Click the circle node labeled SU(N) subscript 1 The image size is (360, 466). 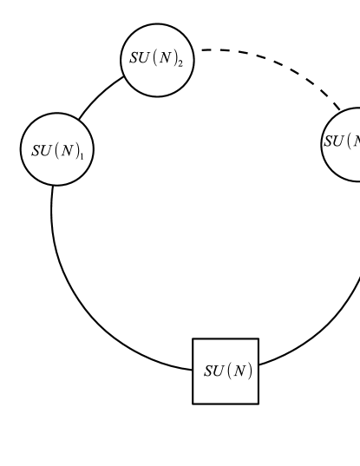(57, 149)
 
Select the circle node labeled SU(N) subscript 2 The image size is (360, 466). (156, 60)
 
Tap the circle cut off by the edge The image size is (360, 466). (344, 143)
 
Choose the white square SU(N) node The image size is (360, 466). (226, 371)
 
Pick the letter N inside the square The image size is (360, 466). (239, 371)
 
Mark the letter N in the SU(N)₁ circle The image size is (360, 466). (67, 149)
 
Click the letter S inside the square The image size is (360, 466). (208, 371)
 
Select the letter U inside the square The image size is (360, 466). (219, 371)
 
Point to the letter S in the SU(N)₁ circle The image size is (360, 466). (36, 149)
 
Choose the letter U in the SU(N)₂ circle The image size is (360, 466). (145, 60)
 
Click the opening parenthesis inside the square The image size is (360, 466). (228, 371)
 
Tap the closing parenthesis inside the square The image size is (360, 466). (249, 371)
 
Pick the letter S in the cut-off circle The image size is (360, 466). (328, 141)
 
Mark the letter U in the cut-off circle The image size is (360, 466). (338, 141)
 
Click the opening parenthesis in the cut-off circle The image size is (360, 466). (348, 141)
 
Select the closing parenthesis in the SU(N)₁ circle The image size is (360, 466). (77, 149)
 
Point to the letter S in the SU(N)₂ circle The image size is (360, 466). (134, 60)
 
